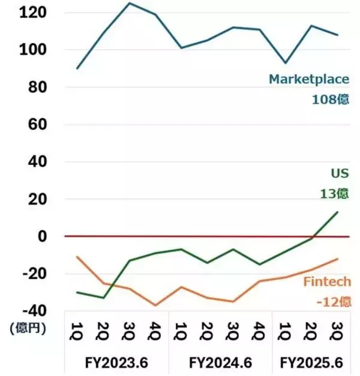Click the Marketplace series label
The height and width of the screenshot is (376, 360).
tap(308, 79)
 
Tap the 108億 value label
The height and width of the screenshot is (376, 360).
tap(329, 100)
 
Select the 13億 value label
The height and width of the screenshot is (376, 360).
tap(333, 194)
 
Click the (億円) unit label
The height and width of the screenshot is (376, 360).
tap(26, 327)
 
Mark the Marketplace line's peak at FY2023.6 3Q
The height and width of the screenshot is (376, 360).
tap(130, 4)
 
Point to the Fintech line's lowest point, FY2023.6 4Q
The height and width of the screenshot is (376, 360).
tap(156, 305)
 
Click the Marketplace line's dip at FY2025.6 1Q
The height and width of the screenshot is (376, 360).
tap(286, 63)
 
